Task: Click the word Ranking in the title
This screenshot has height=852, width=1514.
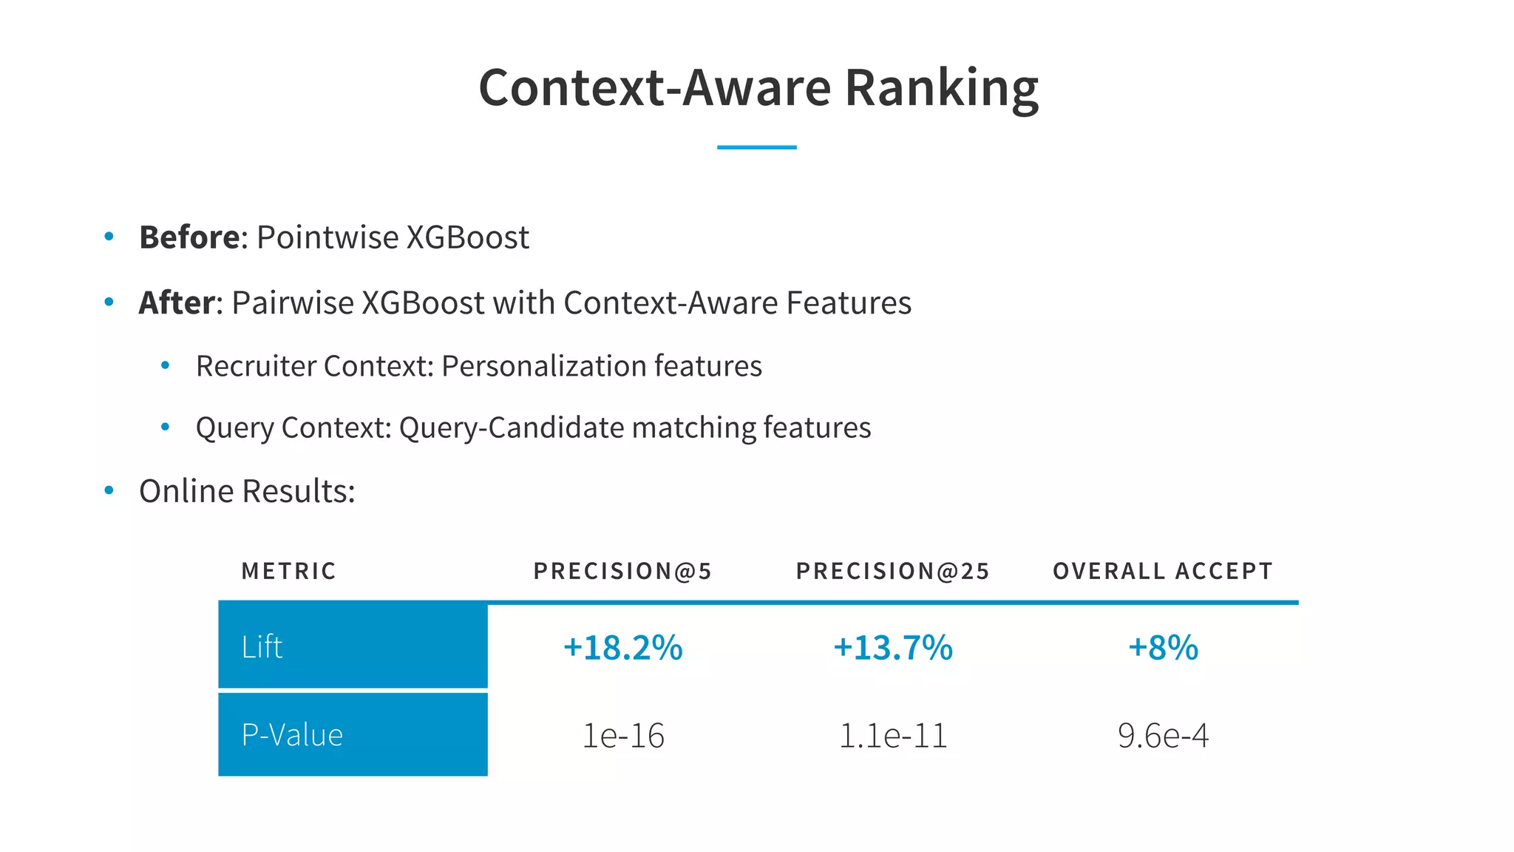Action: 941,88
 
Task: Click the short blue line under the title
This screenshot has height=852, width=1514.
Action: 756,147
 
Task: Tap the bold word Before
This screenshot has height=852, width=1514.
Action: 189,237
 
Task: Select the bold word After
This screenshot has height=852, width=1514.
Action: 177,302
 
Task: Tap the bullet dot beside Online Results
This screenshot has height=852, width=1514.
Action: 109,490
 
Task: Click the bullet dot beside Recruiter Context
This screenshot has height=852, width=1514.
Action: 166,365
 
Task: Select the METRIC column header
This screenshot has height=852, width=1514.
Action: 289,571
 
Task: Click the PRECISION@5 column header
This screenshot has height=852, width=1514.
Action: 622,571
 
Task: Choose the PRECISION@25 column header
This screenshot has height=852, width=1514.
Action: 892,571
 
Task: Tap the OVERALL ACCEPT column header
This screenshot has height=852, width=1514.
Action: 1163,571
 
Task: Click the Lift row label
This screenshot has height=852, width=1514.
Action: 262,646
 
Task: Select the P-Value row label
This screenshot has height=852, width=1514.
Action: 292,735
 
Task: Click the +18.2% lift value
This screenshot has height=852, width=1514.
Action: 622,647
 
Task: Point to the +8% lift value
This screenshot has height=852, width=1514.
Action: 1163,647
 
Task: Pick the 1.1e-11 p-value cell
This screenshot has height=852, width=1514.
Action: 893,736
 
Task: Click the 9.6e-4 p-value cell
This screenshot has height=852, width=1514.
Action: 1163,736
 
